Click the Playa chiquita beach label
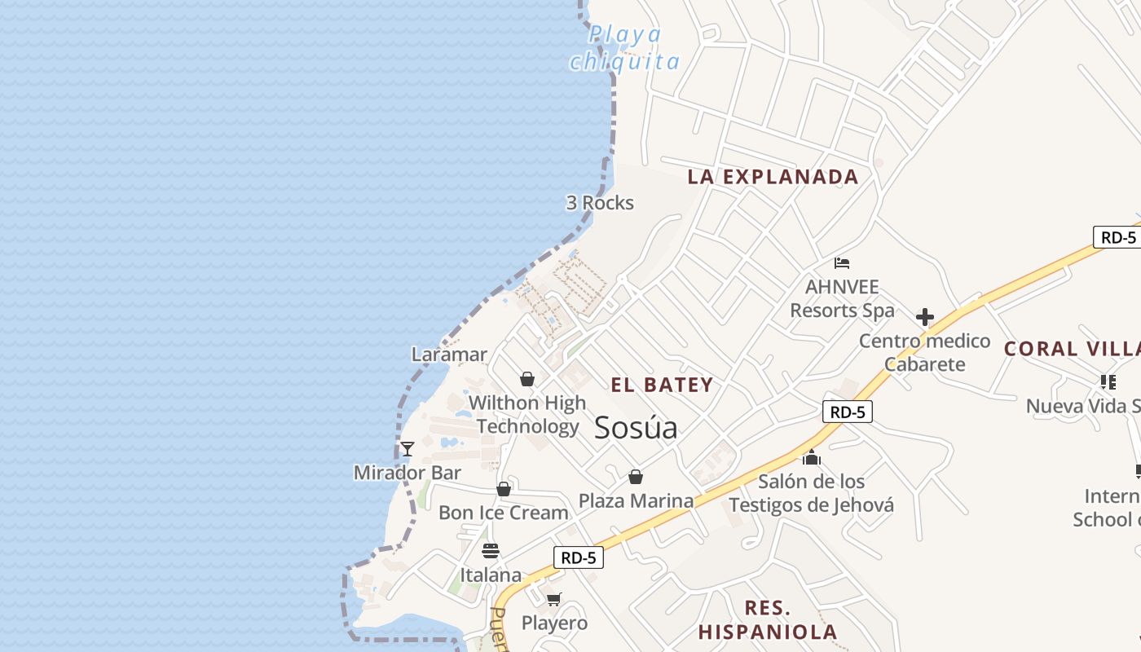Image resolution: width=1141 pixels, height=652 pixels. (625, 48)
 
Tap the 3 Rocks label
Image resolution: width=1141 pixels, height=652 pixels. (600, 203)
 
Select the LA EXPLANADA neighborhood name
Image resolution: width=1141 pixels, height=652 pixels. (773, 177)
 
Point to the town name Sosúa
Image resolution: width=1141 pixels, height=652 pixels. (636, 428)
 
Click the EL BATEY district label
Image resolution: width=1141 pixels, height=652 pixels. (663, 385)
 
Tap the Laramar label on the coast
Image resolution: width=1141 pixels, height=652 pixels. (449, 355)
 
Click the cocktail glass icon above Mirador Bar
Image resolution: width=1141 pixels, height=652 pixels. (407, 449)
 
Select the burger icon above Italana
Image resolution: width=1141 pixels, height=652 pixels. (490, 551)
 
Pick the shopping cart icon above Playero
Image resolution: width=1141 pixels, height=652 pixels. (554, 600)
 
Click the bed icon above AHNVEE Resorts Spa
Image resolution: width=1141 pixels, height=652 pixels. (842, 263)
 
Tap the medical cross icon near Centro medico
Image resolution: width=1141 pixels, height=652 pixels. (925, 317)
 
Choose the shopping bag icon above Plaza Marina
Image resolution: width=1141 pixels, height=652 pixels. (636, 477)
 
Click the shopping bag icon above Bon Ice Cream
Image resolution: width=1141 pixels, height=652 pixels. (504, 489)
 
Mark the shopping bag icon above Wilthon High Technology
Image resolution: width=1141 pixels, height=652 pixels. (527, 379)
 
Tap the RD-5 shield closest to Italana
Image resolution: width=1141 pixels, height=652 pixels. (579, 557)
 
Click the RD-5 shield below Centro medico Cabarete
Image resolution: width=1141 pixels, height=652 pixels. (848, 412)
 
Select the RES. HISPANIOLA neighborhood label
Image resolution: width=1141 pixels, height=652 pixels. (768, 619)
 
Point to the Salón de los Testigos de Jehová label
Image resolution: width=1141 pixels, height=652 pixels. (811, 493)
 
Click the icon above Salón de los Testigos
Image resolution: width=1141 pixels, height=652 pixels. (811, 458)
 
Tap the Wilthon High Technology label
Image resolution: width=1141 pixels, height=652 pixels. (527, 414)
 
